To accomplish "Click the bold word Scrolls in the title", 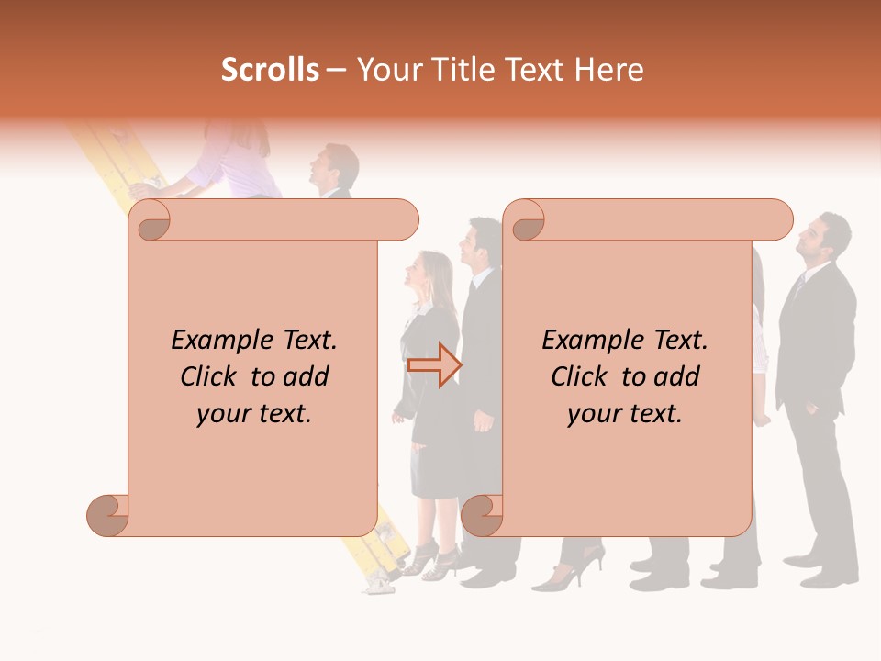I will click(270, 70).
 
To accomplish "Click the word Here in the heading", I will click(609, 70).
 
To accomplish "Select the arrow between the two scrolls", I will click(434, 364).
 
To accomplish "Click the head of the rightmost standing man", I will click(820, 237).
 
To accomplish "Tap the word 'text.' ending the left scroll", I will click(282, 414).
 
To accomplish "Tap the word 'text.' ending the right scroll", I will click(652, 414).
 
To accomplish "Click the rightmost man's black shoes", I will click(825, 575).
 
